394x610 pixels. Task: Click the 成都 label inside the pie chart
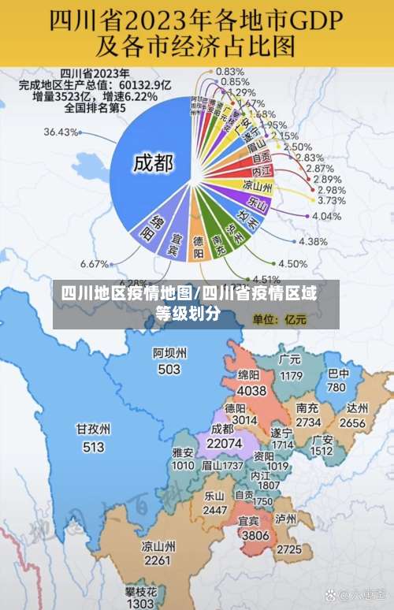[153, 164]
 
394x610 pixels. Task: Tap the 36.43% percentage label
[61, 132]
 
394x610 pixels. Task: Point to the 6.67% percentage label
[95, 263]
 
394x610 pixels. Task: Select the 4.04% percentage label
[326, 216]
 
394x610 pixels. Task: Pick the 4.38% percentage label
[313, 242]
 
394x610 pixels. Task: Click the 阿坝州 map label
[169, 353]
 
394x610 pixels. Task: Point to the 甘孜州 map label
[93, 430]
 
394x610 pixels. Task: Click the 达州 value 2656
[352, 422]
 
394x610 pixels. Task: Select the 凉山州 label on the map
[158, 545]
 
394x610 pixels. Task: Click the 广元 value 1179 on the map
[291, 375]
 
